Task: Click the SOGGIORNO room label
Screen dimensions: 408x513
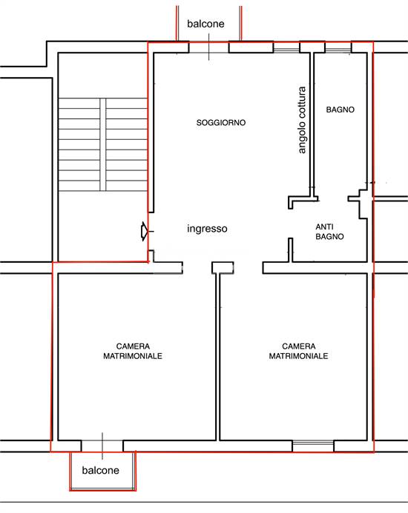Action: (x=221, y=123)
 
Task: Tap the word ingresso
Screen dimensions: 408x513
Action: (x=207, y=228)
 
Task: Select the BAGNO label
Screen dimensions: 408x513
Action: (x=340, y=110)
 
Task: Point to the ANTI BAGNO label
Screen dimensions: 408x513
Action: (x=329, y=231)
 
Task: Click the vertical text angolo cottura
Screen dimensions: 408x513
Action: (x=302, y=120)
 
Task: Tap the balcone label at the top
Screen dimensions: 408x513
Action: (x=205, y=24)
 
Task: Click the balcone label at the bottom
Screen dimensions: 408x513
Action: (x=100, y=470)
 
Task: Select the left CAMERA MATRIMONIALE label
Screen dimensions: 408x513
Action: (x=133, y=351)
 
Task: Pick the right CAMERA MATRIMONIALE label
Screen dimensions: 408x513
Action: (x=298, y=351)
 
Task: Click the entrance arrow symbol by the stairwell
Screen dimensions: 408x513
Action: (x=145, y=231)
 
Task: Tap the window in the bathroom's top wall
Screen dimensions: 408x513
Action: (x=338, y=48)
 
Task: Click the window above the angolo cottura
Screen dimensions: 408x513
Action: (x=286, y=48)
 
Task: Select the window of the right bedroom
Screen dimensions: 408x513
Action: (x=313, y=446)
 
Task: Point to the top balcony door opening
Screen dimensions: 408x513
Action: (x=209, y=47)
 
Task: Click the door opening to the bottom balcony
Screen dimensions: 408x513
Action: (x=102, y=446)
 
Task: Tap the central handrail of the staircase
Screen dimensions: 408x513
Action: (x=102, y=144)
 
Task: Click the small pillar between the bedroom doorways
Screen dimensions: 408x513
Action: (x=223, y=268)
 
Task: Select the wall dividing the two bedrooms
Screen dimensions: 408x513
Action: (x=218, y=357)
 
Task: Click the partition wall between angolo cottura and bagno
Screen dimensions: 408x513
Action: (x=312, y=124)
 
